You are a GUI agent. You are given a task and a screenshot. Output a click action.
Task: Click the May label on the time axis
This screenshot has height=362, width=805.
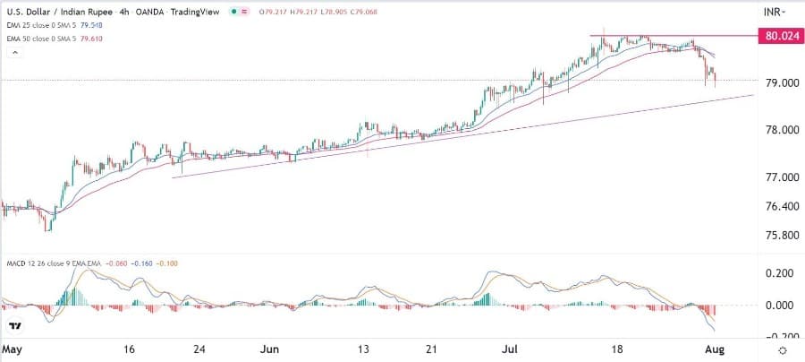click(13, 349)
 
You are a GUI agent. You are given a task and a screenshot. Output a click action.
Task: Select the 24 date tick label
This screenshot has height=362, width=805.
click(202, 349)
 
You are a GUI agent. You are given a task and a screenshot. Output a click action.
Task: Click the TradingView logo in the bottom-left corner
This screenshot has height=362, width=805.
click(14, 326)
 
